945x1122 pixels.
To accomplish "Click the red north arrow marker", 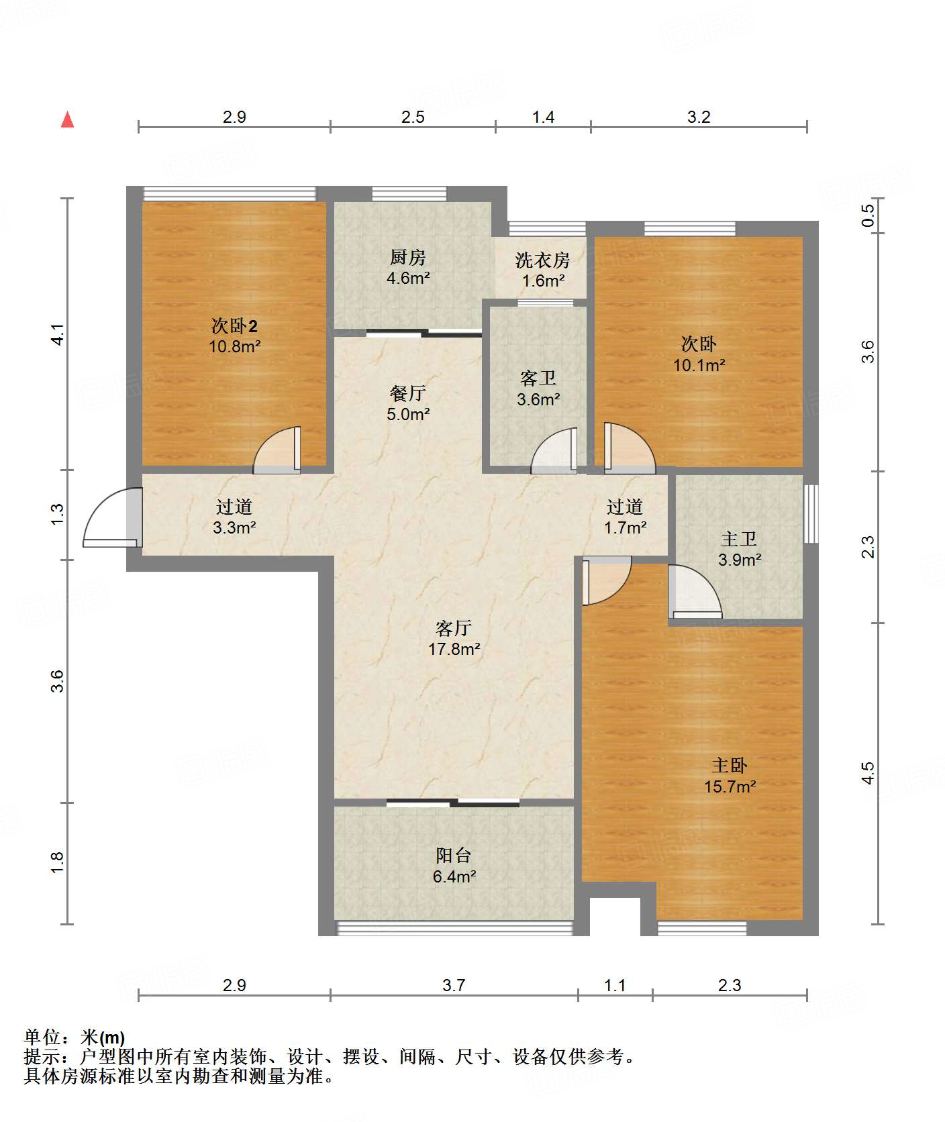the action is click(67, 119).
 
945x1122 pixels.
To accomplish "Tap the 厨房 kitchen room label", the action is click(408, 257).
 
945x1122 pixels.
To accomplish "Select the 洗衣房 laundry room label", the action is click(543, 260).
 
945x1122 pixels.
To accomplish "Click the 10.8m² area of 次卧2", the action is click(234, 347).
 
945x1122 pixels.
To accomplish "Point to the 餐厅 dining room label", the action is click(408, 393).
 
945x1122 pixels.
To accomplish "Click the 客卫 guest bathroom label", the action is click(538, 378).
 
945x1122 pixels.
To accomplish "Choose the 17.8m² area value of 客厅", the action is click(454, 649).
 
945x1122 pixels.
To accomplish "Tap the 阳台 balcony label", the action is click(454, 856).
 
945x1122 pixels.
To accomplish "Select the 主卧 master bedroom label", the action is click(730, 766).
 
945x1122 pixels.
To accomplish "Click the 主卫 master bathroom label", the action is click(739, 539).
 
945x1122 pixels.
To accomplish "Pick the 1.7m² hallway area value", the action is click(625, 528).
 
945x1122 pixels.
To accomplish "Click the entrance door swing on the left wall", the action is click(113, 518).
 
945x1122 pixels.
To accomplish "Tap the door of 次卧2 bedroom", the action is click(277, 450).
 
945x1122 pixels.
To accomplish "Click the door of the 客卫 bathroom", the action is click(554, 451).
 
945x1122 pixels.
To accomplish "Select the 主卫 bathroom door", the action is click(695, 591).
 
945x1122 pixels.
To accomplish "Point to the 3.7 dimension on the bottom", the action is click(454, 985).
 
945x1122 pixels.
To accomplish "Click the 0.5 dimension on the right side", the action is click(868, 215).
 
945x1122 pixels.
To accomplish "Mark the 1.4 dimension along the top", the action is click(543, 117).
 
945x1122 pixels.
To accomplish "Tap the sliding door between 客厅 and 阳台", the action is click(453, 803).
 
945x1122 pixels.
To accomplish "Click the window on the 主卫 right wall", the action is click(811, 513).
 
